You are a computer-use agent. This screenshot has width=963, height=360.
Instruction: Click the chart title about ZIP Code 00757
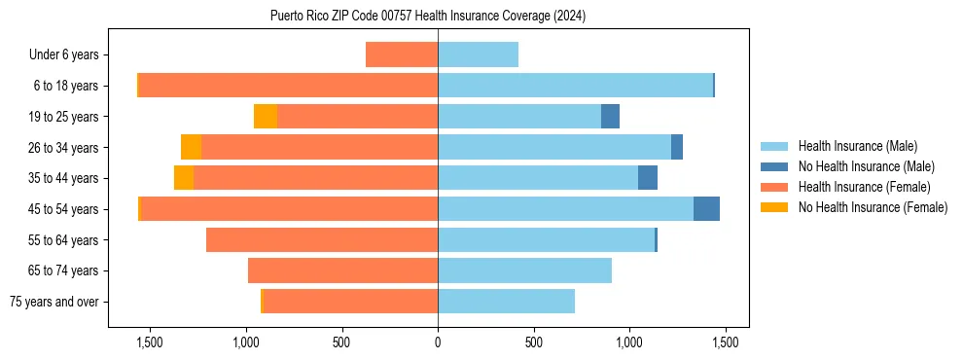[428, 17]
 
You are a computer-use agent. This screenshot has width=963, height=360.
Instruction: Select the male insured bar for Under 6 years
[478, 54]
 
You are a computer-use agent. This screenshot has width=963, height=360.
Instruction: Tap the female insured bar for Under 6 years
[402, 54]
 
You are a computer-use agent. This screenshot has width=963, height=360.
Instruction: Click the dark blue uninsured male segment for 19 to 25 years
[610, 117]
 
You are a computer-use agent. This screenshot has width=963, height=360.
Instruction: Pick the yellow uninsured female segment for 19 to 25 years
[266, 117]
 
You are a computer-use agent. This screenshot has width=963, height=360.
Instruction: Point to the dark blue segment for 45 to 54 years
[706, 209]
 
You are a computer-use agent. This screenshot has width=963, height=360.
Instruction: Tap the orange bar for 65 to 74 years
[342, 270]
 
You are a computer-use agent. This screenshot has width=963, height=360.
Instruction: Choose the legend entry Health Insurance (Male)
[856, 146]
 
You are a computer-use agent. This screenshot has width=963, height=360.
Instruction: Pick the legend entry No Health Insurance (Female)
[873, 207]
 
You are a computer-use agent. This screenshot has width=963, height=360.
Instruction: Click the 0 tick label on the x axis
[438, 342]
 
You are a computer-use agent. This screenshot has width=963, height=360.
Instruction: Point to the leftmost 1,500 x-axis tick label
[149, 342]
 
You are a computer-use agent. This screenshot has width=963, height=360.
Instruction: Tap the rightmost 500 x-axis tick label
[533, 342]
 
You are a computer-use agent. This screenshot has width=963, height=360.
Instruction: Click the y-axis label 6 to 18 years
[66, 86]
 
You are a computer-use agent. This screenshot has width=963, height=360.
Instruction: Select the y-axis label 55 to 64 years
[63, 240]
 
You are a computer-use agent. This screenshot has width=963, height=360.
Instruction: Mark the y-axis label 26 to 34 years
[63, 148]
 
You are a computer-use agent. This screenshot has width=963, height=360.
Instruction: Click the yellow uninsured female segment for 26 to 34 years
[191, 148]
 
